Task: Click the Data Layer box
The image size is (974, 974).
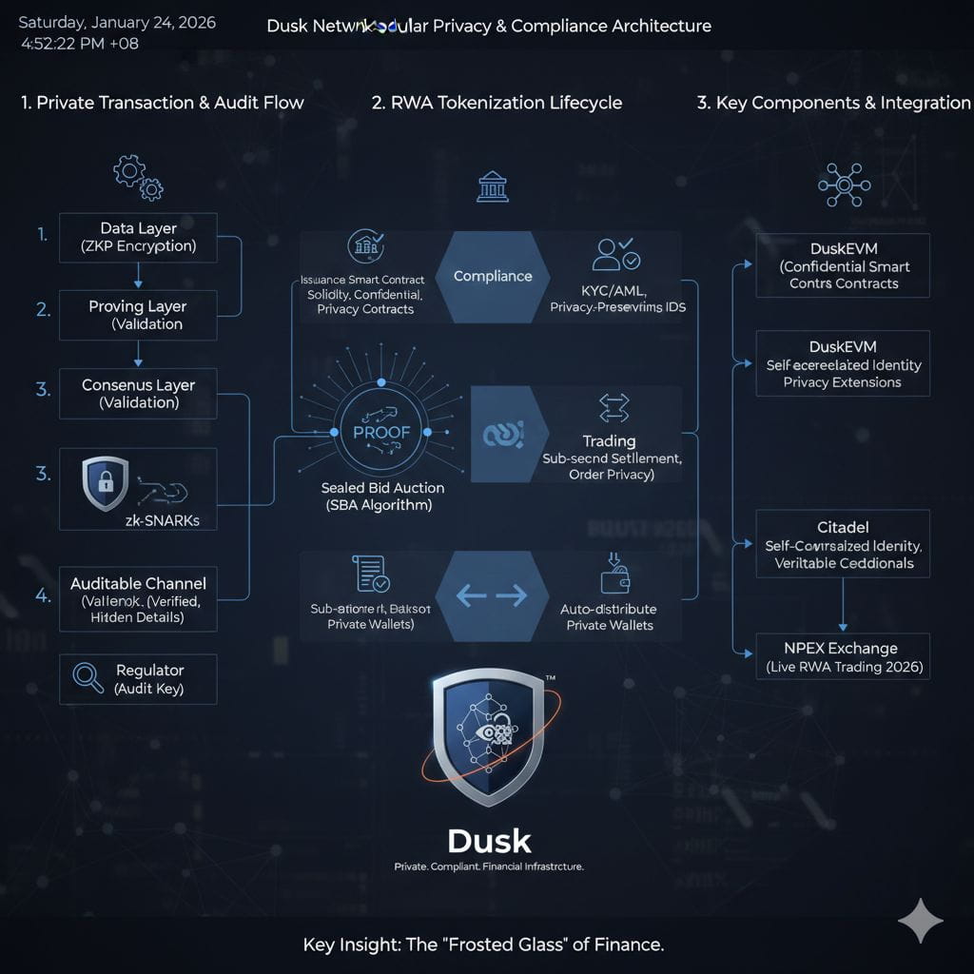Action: click(138, 237)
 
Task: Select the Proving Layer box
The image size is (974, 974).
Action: click(138, 315)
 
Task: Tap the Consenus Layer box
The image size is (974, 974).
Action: click(138, 394)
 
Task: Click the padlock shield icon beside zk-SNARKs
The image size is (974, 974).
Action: click(105, 482)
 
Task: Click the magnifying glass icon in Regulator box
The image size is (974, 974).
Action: click(88, 677)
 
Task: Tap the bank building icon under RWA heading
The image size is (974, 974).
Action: click(492, 186)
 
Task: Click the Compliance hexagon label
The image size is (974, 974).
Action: click(493, 276)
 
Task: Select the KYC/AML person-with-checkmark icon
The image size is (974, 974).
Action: click(615, 254)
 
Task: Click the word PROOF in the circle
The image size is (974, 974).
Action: click(380, 432)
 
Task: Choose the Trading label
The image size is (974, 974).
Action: click(609, 441)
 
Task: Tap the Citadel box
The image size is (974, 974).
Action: click(843, 544)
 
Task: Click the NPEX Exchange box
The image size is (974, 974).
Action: click(843, 657)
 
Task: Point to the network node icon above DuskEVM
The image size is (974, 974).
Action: click(844, 184)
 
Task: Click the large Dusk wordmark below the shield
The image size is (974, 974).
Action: click(489, 841)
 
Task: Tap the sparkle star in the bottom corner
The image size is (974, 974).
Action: click(920, 920)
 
